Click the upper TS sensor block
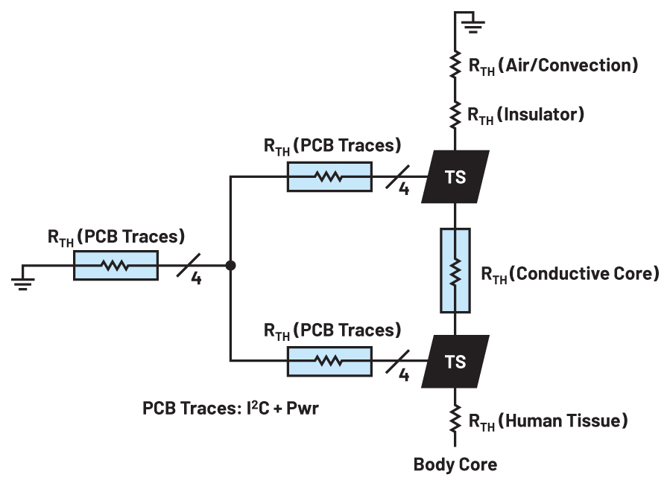455,177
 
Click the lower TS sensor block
455,361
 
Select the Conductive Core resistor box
455,270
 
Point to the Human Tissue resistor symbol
455,422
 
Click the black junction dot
231,265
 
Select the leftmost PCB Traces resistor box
116,265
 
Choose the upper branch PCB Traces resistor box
329,177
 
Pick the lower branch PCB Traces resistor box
329,361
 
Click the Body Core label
455,465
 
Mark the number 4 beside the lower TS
404,374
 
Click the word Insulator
542,115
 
